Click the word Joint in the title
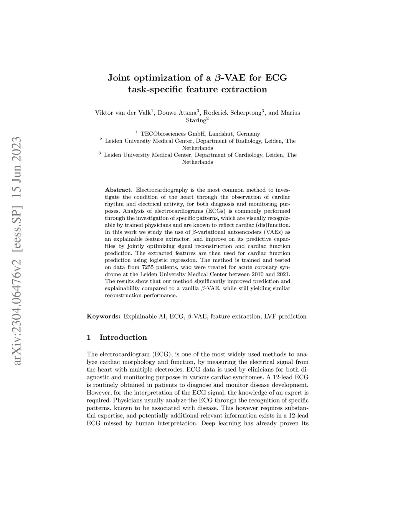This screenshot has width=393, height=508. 119,78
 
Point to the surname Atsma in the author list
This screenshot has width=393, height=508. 187,113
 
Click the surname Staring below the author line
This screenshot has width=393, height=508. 196,120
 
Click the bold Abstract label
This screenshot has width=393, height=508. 119,190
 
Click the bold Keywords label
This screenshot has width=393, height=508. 104,317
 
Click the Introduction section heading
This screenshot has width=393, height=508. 123,338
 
